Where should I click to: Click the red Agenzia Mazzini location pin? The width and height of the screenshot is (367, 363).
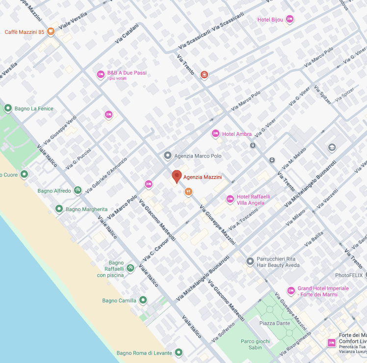pyautogui.click(x=177, y=176)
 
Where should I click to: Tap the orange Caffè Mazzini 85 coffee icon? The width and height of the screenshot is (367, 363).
pyautogui.click(x=51, y=32)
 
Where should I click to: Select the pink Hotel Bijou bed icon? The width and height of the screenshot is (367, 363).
pyautogui.click(x=289, y=19)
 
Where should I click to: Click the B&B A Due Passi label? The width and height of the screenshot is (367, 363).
pyautogui.click(x=127, y=73)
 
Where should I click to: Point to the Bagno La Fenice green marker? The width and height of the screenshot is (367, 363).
pyautogui.click(x=8, y=108)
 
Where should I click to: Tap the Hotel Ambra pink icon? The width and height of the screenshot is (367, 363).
pyautogui.click(x=215, y=133)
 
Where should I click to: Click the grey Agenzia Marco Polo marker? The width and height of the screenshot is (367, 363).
pyautogui.click(x=167, y=156)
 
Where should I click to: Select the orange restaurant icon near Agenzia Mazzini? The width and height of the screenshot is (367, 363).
pyautogui.click(x=188, y=191)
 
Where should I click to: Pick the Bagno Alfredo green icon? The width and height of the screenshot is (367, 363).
pyautogui.click(x=78, y=190)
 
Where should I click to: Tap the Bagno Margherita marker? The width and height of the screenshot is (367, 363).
pyautogui.click(x=59, y=209)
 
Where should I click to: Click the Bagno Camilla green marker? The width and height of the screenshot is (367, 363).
pyautogui.click(x=143, y=300)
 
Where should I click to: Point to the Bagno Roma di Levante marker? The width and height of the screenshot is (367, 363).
pyautogui.click(x=179, y=352)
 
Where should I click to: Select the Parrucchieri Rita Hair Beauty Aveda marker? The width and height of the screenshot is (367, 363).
pyautogui.click(x=250, y=261)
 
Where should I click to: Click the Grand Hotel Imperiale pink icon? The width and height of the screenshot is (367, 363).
pyautogui.click(x=290, y=290)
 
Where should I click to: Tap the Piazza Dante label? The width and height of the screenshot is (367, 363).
pyautogui.click(x=275, y=323)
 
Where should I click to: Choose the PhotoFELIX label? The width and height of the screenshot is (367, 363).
pyautogui.click(x=349, y=275)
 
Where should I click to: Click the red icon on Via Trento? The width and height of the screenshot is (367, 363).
pyautogui.click(x=205, y=75)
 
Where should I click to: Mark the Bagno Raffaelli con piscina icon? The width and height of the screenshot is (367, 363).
pyautogui.click(x=130, y=268)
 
